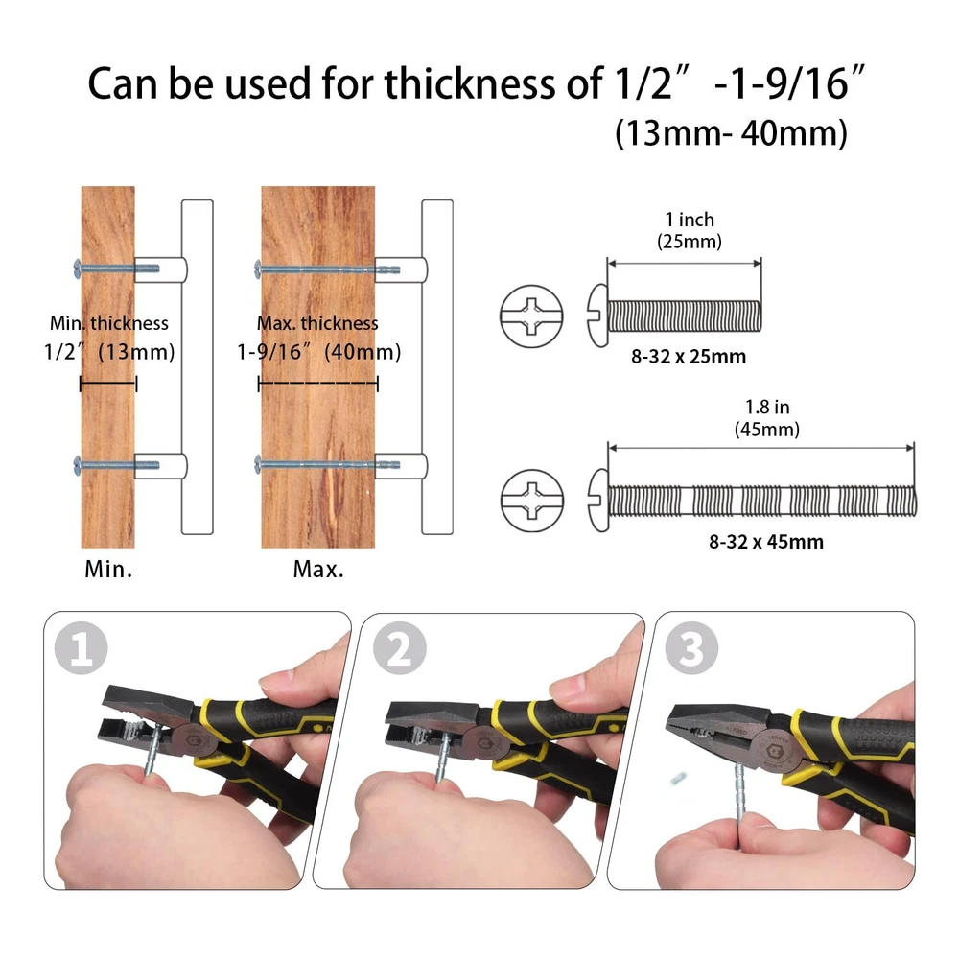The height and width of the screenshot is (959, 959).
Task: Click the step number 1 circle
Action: coord(82,647)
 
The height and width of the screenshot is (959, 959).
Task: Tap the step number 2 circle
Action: coord(400,647)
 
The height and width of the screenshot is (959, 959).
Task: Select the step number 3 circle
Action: coord(691,647)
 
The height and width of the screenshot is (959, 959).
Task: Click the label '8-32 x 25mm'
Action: coord(689,356)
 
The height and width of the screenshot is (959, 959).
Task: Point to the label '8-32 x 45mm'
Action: coord(766,541)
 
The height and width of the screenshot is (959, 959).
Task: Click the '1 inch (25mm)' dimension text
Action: coord(690,230)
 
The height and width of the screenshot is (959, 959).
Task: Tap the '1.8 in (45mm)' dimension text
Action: coord(767,418)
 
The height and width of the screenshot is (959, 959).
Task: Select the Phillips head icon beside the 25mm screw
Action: coord(531,316)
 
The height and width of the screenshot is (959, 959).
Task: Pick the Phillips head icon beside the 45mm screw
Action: coord(532,501)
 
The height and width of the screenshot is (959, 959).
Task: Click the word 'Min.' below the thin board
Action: coord(108,570)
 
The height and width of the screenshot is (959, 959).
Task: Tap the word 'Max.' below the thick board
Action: coord(318,570)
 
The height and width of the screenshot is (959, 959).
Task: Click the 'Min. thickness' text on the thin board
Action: coord(109,323)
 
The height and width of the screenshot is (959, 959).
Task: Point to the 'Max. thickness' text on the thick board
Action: coord(317,323)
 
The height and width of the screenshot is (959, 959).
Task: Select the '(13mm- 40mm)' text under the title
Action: coord(731,133)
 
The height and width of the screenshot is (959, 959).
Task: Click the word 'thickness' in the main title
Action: coord(470,83)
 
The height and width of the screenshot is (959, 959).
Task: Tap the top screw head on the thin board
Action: coord(77,269)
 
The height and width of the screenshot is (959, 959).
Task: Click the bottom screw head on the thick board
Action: coord(257,465)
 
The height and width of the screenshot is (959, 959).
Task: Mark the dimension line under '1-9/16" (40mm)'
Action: coord(318,385)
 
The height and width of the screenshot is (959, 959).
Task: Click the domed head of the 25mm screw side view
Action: coord(598,316)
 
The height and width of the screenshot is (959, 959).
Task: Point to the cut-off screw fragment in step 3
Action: coord(676,779)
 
